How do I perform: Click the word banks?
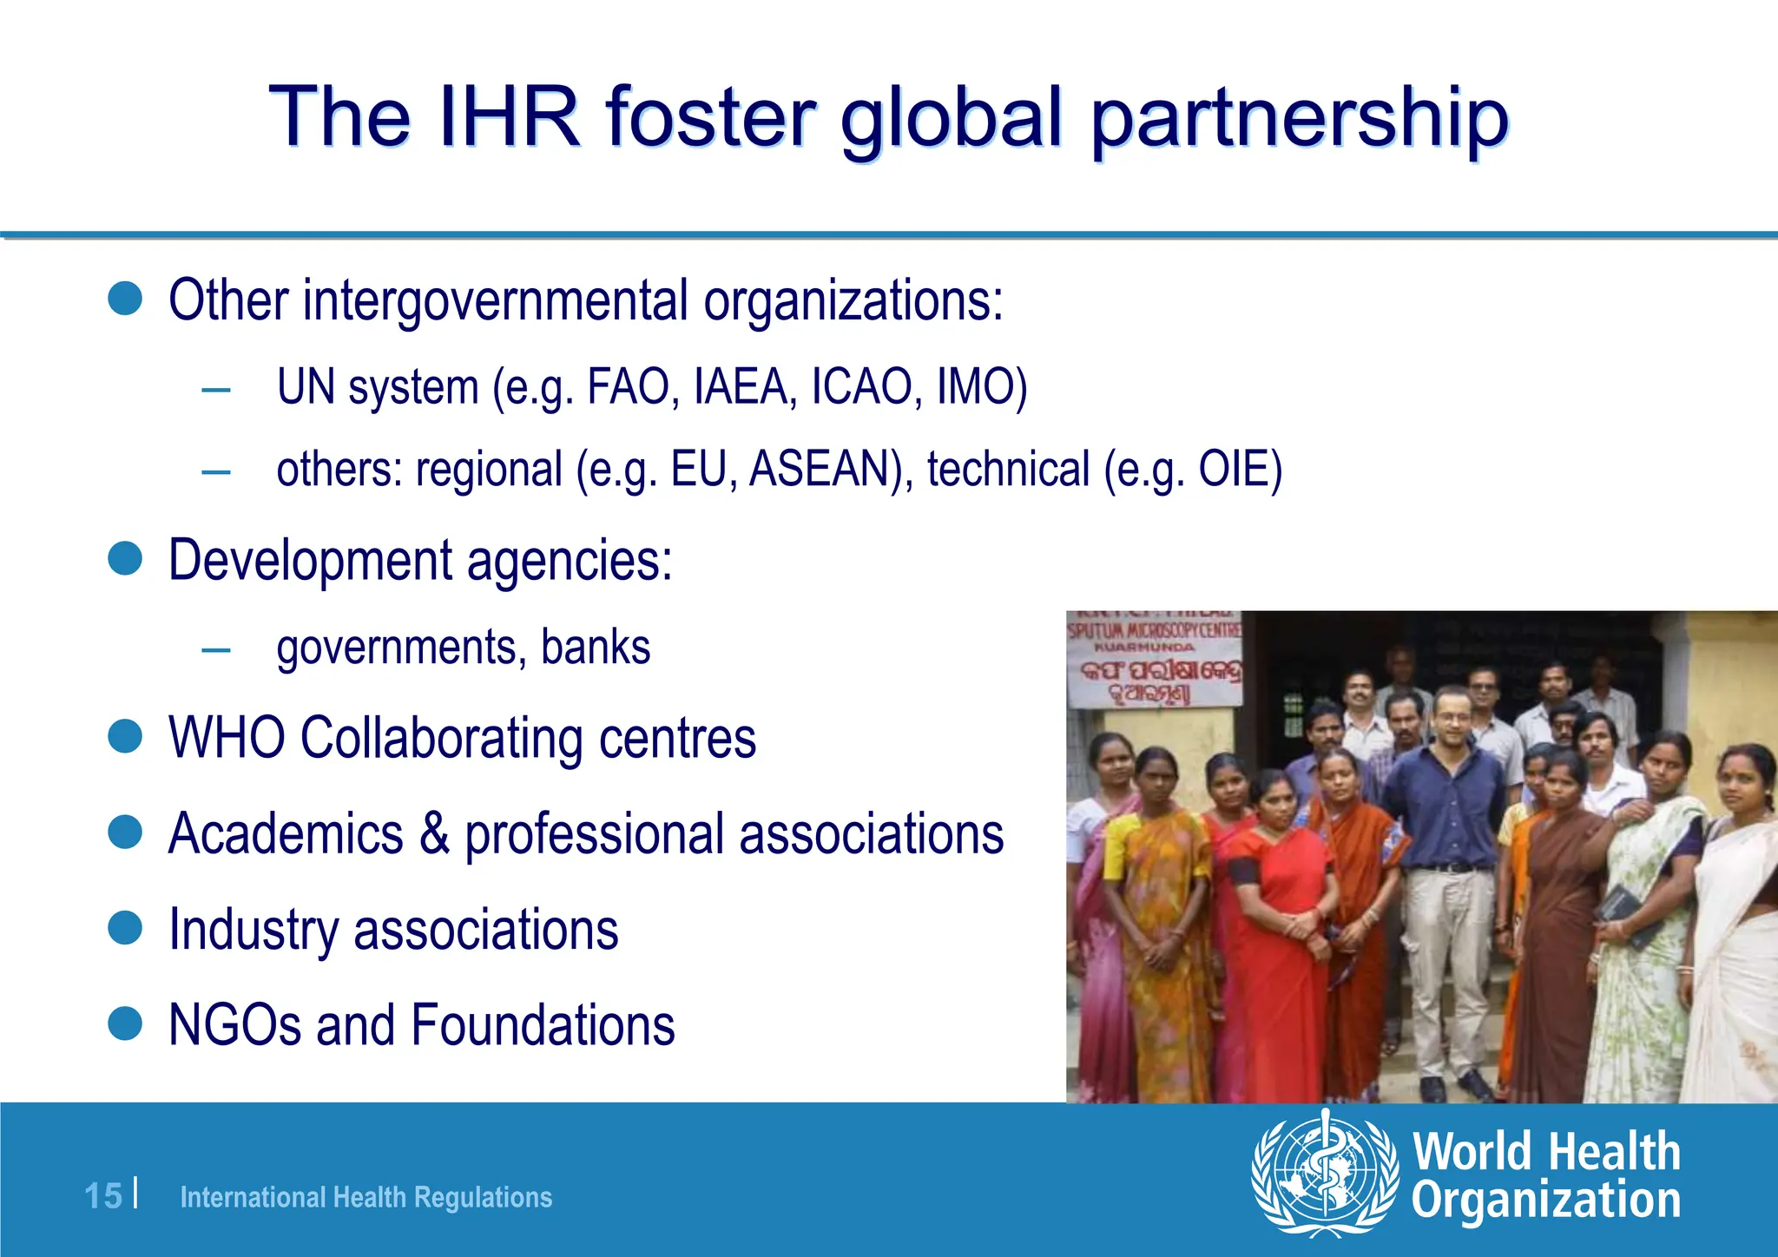click(x=596, y=647)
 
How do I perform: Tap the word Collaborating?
click(x=443, y=738)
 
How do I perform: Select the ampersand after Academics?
click(x=435, y=833)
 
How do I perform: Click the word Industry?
click(x=254, y=930)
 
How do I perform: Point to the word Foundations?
click(x=543, y=1025)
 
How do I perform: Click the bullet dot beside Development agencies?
click(x=125, y=559)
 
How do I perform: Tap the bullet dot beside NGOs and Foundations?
click(x=125, y=1023)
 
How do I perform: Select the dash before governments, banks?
click(x=215, y=649)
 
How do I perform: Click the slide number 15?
click(x=103, y=1196)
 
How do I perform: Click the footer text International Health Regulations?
click(x=365, y=1197)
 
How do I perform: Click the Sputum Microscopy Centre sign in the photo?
click(x=1154, y=660)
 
